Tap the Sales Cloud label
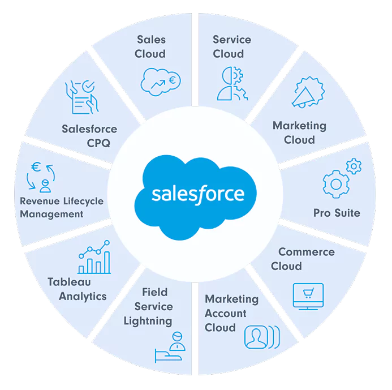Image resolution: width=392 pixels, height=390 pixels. (x=150, y=47)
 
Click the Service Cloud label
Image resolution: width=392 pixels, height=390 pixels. (x=231, y=47)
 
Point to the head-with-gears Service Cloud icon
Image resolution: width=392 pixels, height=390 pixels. (x=231, y=83)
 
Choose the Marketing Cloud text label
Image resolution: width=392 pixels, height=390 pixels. (x=299, y=132)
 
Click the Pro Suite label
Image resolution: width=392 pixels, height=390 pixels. (x=337, y=213)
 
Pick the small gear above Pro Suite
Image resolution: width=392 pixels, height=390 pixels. (x=354, y=166)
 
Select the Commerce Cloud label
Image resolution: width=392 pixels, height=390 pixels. (x=302, y=259)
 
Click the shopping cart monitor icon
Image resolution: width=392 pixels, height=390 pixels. (x=308, y=297)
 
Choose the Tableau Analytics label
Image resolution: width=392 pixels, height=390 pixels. (x=77, y=289)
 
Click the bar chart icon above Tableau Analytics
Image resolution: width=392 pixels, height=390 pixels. (x=94, y=258)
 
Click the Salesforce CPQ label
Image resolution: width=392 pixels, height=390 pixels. (x=89, y=136)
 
